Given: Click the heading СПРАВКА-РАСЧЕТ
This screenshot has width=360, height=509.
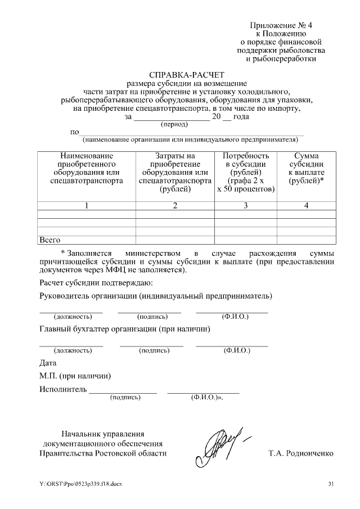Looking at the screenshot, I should (186, 74).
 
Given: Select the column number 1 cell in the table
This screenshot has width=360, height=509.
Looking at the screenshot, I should (87, 205).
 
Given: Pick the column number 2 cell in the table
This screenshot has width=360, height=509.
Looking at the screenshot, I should (175, 205).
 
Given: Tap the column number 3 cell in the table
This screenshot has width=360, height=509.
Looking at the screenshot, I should (246, 205).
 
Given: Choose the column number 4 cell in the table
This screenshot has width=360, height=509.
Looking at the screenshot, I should (306, 205).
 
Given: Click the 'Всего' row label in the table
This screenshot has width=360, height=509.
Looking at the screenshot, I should (49, 240).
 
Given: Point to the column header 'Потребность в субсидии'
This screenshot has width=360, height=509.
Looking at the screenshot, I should (246, 173).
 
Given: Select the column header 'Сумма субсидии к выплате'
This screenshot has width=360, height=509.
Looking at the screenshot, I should (306, 169).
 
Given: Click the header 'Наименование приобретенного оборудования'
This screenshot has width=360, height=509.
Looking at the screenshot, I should (87, 169).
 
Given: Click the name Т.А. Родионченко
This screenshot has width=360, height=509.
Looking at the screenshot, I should (301, 453).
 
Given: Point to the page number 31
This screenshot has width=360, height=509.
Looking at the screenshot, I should (331, 484).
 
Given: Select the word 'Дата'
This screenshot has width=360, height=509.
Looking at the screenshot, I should (48, 363).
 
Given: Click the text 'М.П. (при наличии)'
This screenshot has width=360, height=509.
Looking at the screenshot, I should (75, 376).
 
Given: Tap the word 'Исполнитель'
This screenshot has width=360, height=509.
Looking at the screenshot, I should (63, 389).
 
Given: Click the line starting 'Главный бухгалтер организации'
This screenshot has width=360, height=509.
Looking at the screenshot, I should (125, 329).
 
